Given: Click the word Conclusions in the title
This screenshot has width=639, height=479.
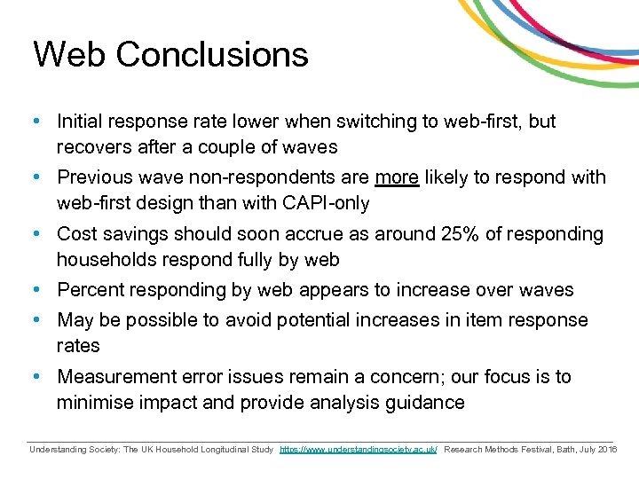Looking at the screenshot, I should point(211,55).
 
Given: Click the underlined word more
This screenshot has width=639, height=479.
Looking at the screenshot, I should point(397,177).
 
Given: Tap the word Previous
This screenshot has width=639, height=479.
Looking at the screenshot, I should point(96,177).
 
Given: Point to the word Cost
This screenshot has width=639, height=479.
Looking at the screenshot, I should point(75,234).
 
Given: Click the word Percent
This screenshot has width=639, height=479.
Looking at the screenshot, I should point(91,290).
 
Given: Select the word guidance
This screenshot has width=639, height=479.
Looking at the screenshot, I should point(422,403).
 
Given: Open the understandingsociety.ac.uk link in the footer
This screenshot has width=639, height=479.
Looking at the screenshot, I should point(358,451).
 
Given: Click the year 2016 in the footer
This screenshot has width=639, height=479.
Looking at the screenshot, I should point(607,451).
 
